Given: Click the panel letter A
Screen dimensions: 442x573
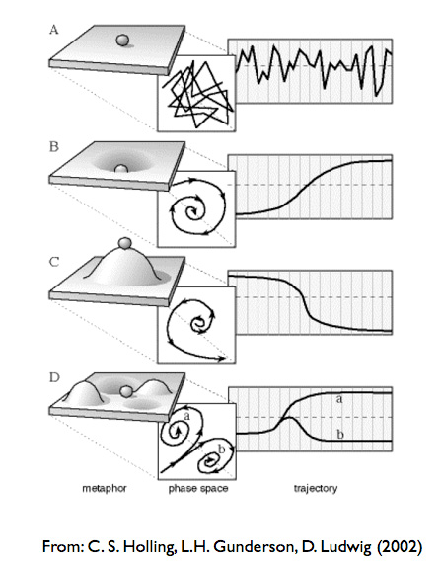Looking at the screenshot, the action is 53,30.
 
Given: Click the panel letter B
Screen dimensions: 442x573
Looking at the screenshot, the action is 53,147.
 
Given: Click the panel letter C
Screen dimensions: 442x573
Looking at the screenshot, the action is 53,262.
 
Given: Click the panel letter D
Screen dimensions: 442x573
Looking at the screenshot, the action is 54,377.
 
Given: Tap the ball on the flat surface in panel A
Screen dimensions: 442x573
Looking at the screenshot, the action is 122,41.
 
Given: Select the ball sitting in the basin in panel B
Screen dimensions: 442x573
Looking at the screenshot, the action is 120,169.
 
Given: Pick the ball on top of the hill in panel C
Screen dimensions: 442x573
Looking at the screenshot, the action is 125,243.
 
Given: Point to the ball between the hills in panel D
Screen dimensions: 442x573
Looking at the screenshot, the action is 126,392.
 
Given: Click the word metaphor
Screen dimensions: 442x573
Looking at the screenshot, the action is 105,488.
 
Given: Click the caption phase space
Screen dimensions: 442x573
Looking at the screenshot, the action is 198,489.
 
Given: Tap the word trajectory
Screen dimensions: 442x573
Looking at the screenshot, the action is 316,489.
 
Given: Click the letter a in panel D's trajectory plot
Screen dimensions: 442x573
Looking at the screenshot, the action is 339,399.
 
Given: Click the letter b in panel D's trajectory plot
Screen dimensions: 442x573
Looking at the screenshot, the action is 340,434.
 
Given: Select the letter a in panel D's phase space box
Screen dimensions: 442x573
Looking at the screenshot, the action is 187,416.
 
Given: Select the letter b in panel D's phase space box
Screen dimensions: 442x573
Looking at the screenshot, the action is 221,450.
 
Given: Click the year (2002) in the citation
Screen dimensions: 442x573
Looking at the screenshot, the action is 400,547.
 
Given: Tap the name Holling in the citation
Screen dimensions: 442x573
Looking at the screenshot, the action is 149,547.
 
